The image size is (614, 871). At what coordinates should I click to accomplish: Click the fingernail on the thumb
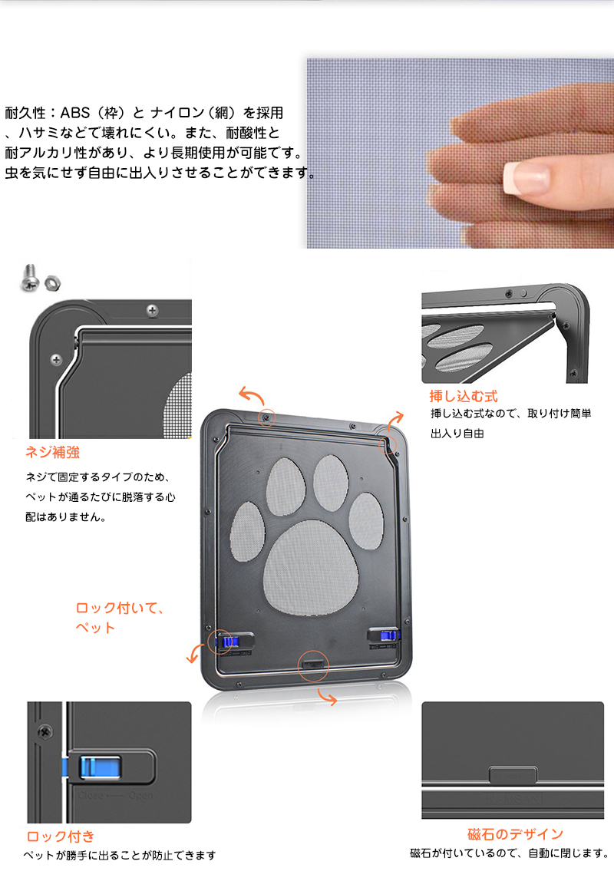coord(526,177)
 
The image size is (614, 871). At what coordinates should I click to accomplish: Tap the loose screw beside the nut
coord(29,277)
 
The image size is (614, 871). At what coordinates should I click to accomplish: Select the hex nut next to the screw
coord(52,282)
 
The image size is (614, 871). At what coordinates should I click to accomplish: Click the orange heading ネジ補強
coord(52,452)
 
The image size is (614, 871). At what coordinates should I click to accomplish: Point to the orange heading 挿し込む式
coord(464,396)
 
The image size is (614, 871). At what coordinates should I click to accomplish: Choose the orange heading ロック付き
coord(61,836)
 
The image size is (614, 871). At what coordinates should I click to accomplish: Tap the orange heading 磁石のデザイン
coord(515,834)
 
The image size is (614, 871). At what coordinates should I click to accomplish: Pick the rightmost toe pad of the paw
coord(366,521)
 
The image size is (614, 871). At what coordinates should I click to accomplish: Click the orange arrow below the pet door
coord(327,697)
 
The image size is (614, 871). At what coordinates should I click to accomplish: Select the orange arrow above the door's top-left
coord(252,396)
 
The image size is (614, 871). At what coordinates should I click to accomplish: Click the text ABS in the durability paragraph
coord(75,113)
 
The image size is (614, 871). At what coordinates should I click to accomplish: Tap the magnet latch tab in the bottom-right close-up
coord(513,775)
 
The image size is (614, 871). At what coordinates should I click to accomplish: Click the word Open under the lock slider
coord(140,796)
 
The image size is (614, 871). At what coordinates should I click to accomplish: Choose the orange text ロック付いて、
coord(120,608)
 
